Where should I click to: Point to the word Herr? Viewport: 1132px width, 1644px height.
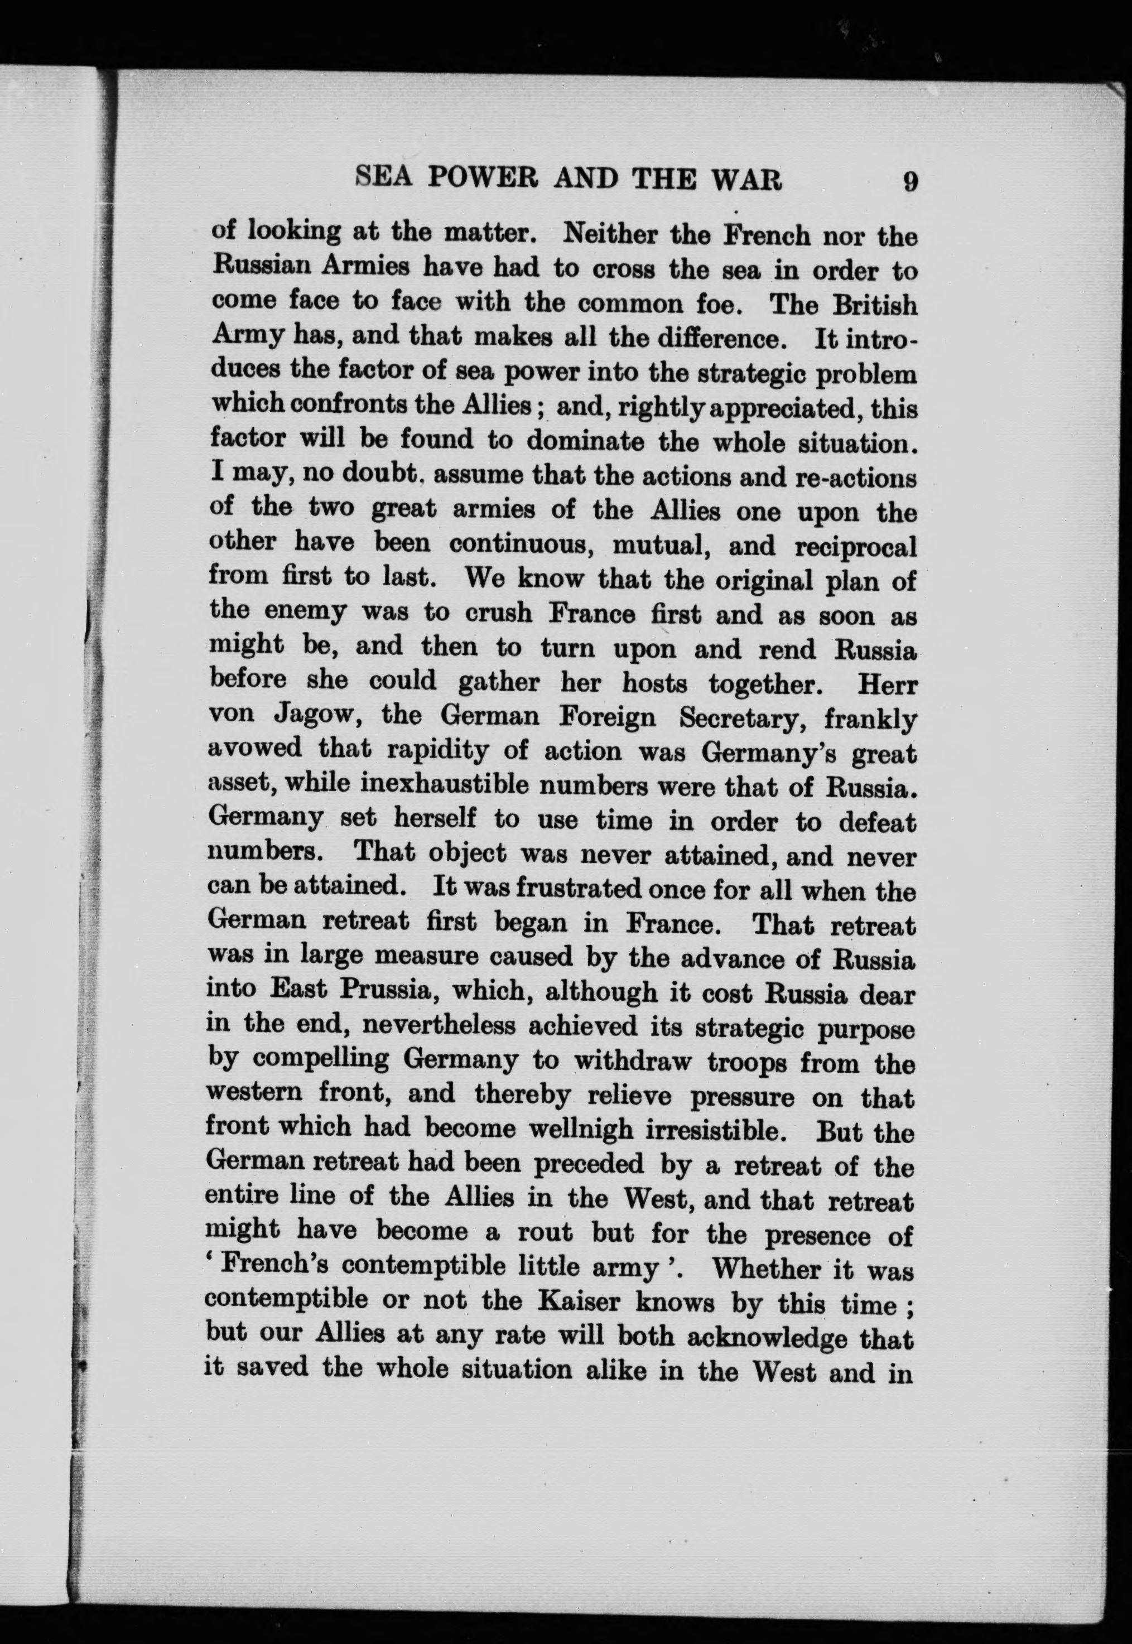point(887,686)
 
